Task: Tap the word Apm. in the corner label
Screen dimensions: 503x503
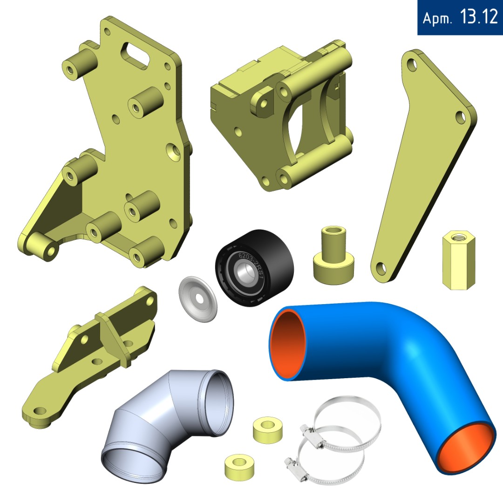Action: tap(437, 18)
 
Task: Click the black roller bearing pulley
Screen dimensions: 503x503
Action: tap(254, 268)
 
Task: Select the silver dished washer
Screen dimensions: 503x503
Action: tap(197, 299)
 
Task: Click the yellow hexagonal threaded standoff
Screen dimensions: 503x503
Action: tap(458, 260)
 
